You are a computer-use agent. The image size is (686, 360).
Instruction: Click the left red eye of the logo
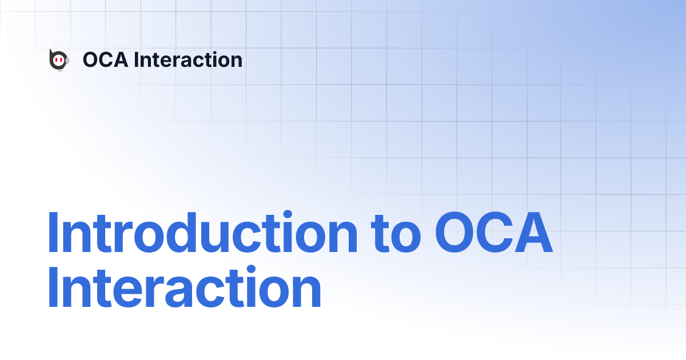[56, 60]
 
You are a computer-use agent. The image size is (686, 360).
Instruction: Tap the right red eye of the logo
[61, 60]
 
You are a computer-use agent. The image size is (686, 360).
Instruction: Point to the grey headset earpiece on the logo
[67, 59]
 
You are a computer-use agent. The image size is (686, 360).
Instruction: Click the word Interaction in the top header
[188, 59]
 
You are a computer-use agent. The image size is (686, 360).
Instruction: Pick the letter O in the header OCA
[91, 59]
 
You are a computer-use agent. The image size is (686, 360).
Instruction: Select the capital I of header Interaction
[136, 59]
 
